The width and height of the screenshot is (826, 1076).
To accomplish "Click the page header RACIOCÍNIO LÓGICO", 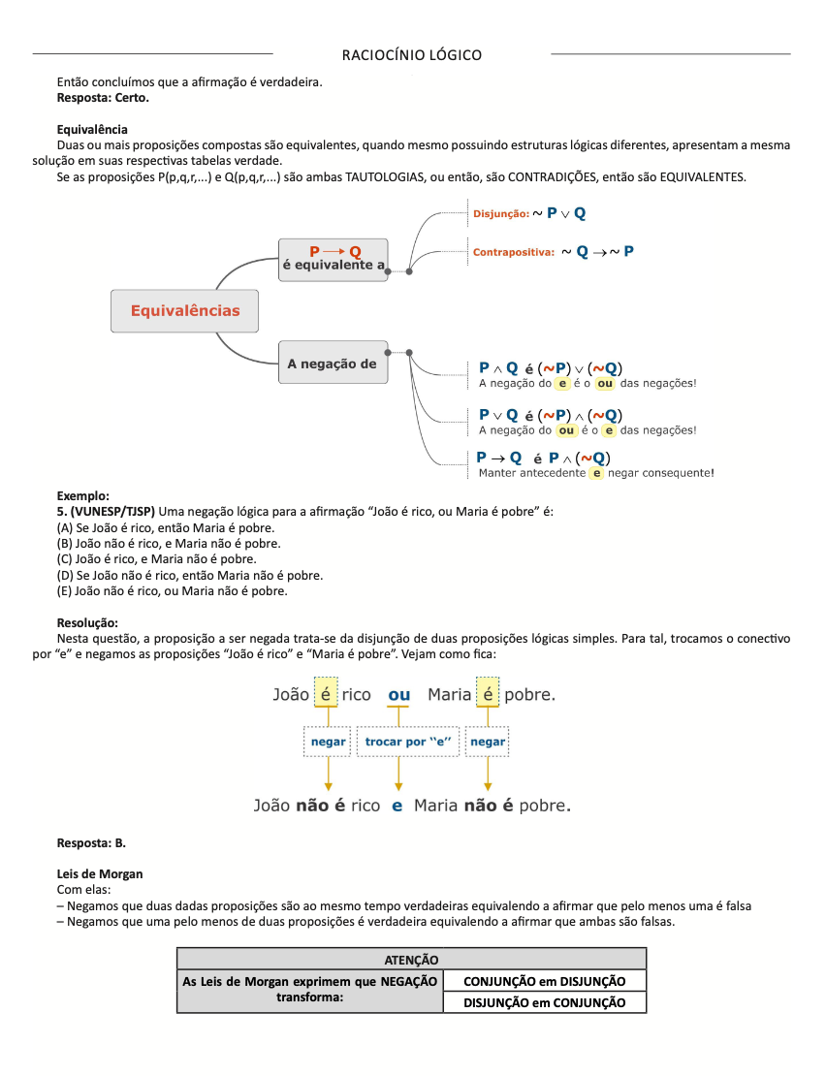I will (x=412, y=54).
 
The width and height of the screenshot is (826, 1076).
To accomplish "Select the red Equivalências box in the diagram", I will (x=185, y=311).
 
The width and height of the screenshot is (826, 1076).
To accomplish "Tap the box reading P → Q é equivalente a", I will (x=334, y=259).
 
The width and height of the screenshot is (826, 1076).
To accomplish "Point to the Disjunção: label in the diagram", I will (x=500, y=213).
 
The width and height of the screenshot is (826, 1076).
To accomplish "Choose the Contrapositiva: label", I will (x=513, y=252).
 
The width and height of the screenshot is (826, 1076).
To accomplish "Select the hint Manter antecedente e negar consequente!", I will (x=596, y=473).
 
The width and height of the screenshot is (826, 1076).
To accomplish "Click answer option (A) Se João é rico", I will (x=166, y=528).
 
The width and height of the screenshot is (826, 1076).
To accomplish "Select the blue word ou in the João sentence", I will (x=398, y=695).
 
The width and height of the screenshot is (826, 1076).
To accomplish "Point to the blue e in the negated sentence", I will (x=397, y=806).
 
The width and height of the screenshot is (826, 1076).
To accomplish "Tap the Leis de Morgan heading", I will (x=100, y=873).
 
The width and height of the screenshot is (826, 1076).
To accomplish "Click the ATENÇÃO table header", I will (x=411, y=959).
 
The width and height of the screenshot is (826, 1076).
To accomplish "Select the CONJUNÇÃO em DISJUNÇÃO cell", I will (x=544, y=981).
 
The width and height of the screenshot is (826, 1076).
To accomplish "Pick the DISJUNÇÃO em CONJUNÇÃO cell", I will (x=544, y=1002).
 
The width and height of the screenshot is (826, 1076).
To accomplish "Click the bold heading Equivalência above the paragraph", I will (x=92, y=129).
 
